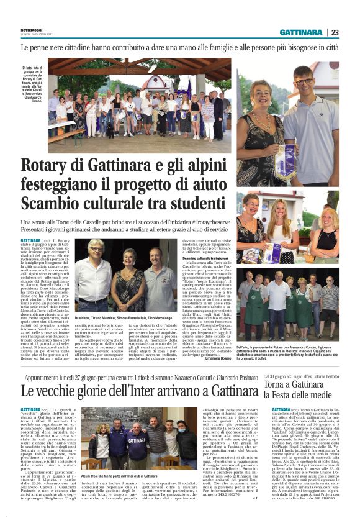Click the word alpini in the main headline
click(x=198, y=166)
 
